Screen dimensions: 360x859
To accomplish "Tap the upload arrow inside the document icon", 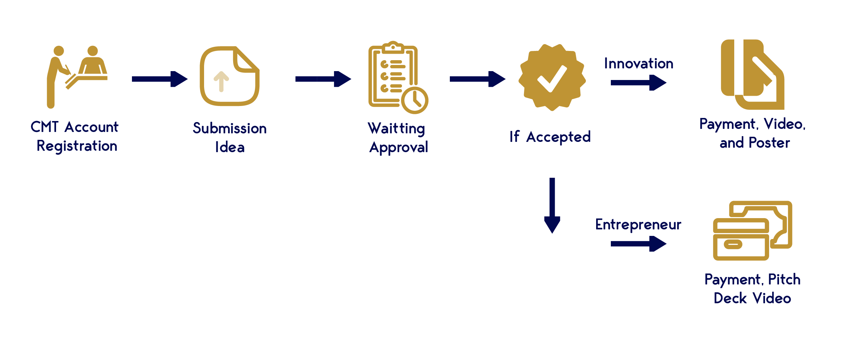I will (x=221, y=81).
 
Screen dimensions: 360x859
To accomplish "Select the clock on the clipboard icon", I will (x=415, y=100).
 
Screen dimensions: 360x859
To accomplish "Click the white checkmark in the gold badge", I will (x=552, y=79).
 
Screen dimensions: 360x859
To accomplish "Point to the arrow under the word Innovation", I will (x=638, y=82).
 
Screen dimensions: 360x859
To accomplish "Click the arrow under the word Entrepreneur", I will (x=638, y=244).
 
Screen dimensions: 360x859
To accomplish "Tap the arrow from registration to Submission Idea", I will (x=160, y=79).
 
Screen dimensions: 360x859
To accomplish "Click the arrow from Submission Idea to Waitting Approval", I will (x=323, y=79).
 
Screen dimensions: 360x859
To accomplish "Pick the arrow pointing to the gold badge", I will (x=477, y=79).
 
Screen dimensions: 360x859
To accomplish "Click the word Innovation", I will (x=639, y=64).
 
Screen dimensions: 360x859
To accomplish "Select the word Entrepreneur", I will (x=638, y=225).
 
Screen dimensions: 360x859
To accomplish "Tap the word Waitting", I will (x=396, y=129).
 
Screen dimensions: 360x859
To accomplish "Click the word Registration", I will (x=77, y=146).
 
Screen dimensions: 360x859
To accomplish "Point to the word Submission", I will (x=229, y=129).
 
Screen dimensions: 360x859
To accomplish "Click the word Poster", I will (x=769, y=143).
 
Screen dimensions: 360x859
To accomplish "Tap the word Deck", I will (x=730, y=298).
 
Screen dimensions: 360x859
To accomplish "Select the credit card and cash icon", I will (x=752, y=231).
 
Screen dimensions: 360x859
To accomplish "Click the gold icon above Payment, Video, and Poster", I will (x=752, y=75).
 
